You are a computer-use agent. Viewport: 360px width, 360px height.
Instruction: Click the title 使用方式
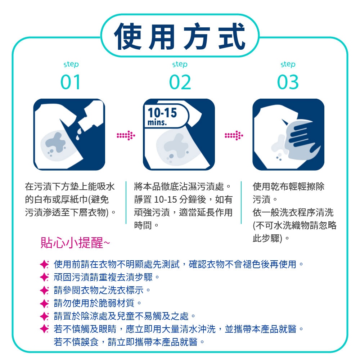click(180, 36)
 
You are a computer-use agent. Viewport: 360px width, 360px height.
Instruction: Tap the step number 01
click(71, 82)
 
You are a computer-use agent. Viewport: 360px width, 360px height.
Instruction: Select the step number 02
click(180, 82)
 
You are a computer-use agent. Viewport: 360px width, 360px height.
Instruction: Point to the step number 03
click(288, 82)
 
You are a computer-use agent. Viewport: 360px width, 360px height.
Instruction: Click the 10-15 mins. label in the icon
click(163, 116)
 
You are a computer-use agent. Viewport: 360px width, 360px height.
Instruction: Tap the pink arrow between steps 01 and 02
click(126, 135)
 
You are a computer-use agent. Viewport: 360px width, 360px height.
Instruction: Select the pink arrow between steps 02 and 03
click(234, 135)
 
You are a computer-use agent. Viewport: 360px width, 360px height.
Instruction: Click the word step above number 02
click(180, 64)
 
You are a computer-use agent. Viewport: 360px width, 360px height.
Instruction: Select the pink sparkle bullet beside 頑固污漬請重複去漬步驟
click(44, 277)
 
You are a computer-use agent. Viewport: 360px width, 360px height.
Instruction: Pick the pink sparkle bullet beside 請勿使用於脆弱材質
click(44, 303)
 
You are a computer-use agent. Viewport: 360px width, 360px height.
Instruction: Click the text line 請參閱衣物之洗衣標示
click(102, 291)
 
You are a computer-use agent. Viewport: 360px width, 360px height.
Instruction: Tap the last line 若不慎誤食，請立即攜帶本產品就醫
click(129, 342)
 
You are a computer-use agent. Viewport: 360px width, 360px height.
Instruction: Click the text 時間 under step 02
click(143, 225)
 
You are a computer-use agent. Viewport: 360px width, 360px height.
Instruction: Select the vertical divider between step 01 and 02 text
click(126, 202)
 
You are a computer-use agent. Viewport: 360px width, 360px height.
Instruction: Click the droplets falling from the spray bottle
click(79, 134)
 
